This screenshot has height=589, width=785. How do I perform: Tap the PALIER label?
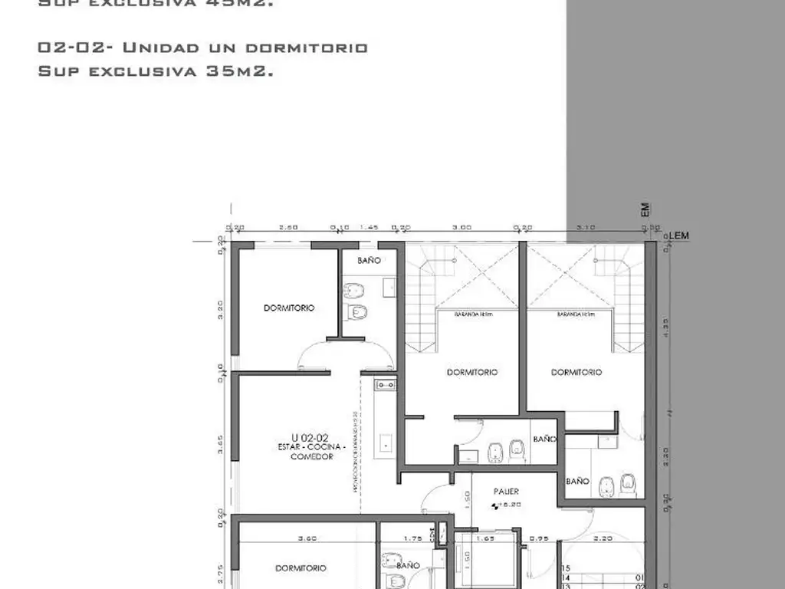(506, 492)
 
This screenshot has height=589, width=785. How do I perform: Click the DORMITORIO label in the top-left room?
(289, 308)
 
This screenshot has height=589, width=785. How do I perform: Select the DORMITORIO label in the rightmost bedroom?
(576, 372)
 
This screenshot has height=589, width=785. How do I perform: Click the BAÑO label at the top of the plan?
(369, 261)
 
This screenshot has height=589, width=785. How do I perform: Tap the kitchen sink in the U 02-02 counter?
(385, 384)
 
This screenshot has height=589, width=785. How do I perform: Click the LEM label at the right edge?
(678, 235)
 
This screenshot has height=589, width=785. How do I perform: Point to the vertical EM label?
(645, 209)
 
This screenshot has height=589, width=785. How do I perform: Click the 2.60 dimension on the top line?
(288, 228)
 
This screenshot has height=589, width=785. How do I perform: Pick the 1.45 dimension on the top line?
(370, 228)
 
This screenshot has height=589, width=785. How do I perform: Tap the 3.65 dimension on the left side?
(221, 446)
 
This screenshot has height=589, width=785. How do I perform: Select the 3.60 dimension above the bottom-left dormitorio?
(307, 538)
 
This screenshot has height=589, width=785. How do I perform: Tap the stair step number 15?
(567, 568)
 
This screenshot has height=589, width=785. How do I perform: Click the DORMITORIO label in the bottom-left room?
(301, 568)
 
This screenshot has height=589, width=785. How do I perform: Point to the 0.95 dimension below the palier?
(540, 538)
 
